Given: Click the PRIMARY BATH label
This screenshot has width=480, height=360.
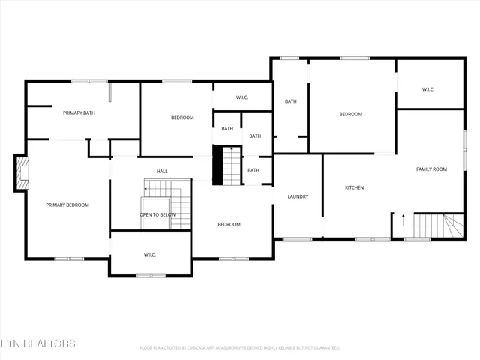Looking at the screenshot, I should click(79, 112).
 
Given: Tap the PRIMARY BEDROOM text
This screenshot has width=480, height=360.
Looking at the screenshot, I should click(67, 205).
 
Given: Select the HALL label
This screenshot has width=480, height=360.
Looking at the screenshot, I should click(162, 172).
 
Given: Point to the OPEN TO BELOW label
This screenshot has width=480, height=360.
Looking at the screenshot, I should click(157, 214).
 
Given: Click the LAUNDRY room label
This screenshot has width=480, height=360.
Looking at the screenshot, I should click(298, 197).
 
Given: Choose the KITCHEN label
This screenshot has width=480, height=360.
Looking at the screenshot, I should click(354, 187).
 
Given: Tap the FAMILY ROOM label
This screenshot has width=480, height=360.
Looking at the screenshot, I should click(431, 169).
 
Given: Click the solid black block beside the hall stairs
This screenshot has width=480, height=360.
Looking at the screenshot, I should click(218, 166).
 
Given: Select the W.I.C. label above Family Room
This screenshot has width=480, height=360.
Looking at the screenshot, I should click(428, 89).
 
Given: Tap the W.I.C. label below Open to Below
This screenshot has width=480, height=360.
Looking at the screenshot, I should click(149, 255).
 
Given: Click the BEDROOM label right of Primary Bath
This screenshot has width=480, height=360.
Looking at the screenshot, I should click(182, 118).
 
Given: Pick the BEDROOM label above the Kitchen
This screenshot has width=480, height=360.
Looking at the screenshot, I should click(350, 114).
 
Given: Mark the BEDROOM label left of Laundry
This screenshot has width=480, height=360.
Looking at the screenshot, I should click(229, 225).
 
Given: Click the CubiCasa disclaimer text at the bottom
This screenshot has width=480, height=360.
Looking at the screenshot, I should click(240, 348).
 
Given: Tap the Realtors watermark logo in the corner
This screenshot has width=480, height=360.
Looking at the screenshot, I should click(37, 343).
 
